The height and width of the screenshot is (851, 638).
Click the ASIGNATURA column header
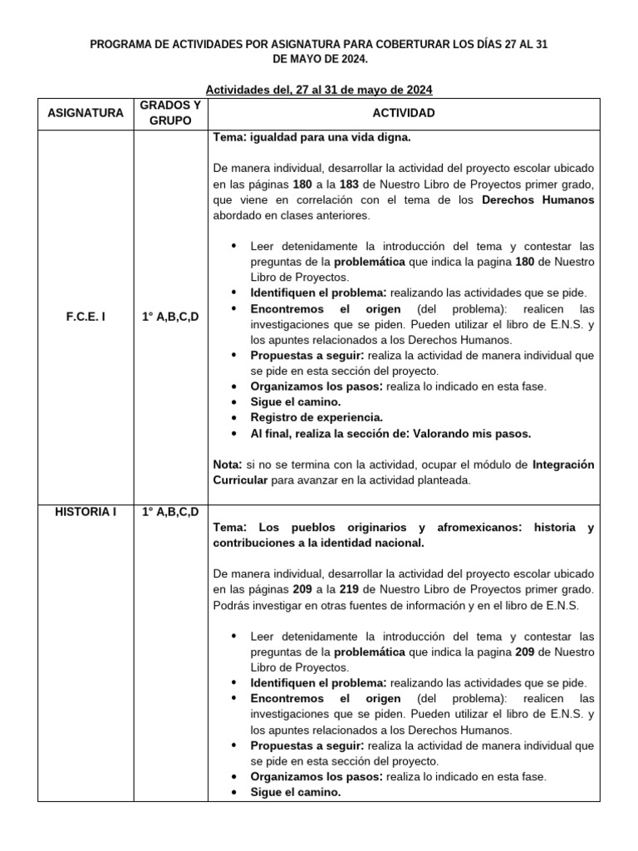click(x=86, y=113)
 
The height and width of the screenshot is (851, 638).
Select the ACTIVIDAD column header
click(x=404, y=113)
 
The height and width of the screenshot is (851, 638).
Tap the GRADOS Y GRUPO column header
click(x=170, y=113)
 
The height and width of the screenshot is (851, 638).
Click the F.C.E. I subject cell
click(x=86, y=317)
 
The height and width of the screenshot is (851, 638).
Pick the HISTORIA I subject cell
click(x=86, y=511)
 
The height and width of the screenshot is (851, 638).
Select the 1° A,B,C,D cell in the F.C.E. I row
click(x=170, y=317)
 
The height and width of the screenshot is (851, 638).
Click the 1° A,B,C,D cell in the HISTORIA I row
click(x=170, y=511)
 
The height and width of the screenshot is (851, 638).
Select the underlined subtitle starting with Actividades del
click(x=319, y=89)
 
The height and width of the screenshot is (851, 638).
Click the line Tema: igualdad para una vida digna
click(x=312, y=137)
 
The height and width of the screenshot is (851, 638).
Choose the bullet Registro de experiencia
click(x=317, y=417)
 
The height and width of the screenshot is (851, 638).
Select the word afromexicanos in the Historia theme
click(x=474, y=527)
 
